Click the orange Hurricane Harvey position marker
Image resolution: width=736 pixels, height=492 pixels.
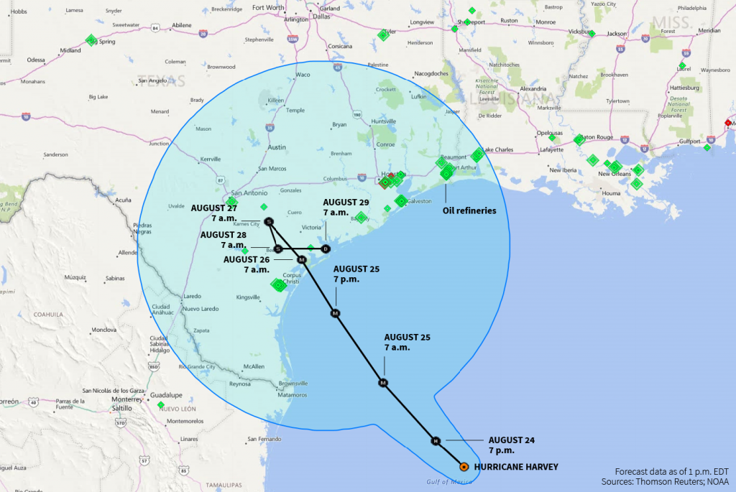464,467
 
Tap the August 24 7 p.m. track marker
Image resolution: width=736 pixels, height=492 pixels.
435,440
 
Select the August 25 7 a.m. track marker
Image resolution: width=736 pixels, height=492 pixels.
383,383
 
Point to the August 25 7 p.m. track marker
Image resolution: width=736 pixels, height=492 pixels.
335,313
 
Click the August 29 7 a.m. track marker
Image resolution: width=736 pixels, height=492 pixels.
326,249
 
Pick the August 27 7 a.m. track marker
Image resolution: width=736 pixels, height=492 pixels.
269,221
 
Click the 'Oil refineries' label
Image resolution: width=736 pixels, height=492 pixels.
469,210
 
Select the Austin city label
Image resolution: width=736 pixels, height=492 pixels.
277,147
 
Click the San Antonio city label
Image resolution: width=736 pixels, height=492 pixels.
249,193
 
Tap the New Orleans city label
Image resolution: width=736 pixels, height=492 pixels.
615,174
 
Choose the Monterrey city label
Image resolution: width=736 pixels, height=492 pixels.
128,399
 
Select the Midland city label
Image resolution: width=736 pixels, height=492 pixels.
70,51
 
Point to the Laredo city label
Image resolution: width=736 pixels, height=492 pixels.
193,296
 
